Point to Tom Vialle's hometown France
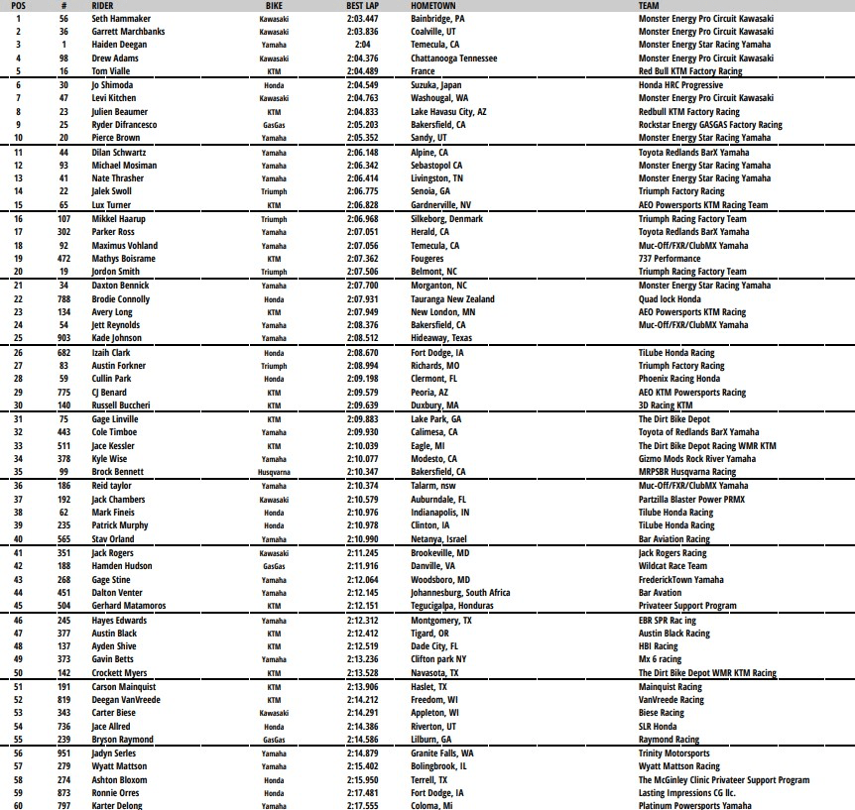423,71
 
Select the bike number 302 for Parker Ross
63,232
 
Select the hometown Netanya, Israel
436,539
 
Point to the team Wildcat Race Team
673,566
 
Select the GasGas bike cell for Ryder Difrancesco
275,125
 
